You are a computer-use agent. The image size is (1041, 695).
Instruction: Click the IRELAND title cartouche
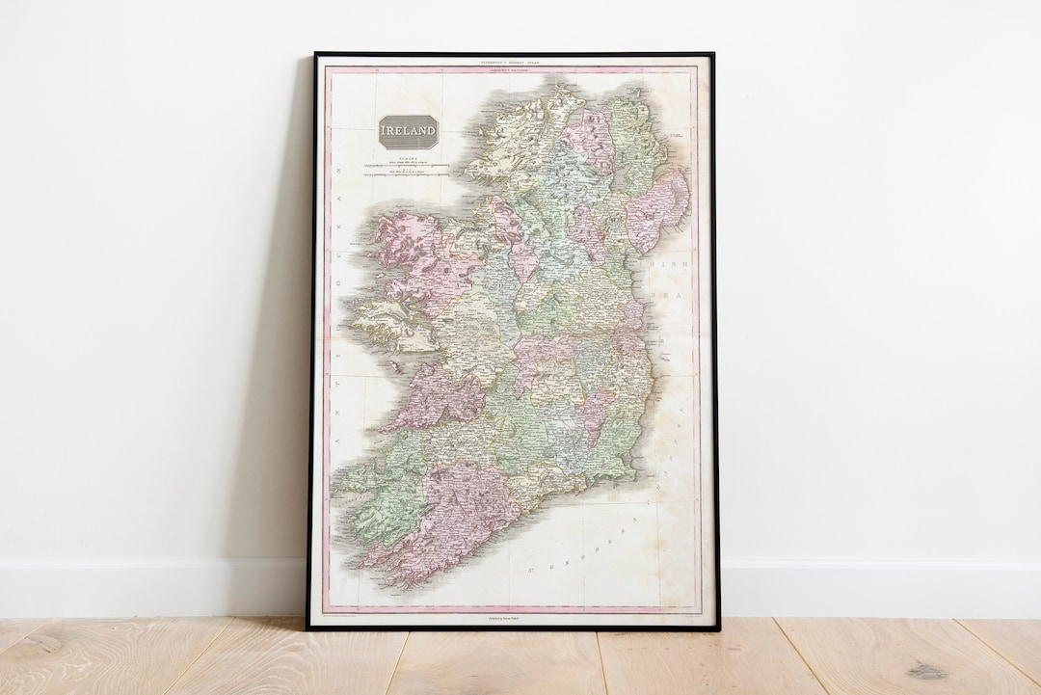[409, 131]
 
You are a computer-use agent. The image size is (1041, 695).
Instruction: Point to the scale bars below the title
[406, 170]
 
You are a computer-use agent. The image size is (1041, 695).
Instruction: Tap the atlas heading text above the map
[512, 63]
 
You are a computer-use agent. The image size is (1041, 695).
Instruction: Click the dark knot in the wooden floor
[926, 670]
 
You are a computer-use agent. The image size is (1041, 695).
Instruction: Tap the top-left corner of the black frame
[315, 54]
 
